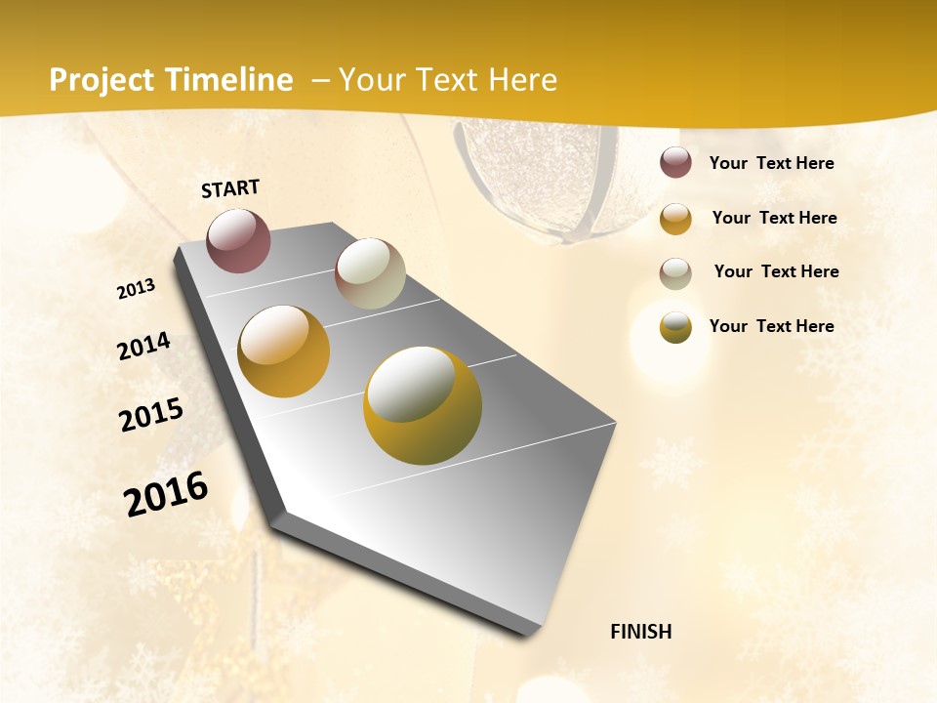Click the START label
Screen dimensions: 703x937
pyautogui.click(x=230, y=188)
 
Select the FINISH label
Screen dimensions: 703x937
pyautogui.click(x=640, y=632)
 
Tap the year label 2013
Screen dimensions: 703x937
pyautogui.click(x=136, y=289)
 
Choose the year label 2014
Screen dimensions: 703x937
pyautogui.click(x=143, y=347)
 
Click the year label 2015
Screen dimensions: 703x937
pyautogui.click(x=151, y=415)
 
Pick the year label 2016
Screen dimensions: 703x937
pyautogui.click(x=166, y=494)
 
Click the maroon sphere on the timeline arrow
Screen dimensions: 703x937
pyautogui.click(x=238, y=240)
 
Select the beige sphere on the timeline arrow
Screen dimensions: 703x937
pyautogui.click(x=370, y=273)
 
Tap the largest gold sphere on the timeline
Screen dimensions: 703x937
pyautogui.click(x=423, y=405)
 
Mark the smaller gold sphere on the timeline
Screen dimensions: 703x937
pyautogui.click(x=283, y=351)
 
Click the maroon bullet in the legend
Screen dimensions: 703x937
pyautogui.click(x=675, y=163)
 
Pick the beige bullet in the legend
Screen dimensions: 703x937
pyautogui.click(x=675, y=273)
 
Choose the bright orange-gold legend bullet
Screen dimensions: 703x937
pyautogui.click(x=675, y=219)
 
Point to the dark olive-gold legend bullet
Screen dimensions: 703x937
pyautogui.click(x=675, y=328)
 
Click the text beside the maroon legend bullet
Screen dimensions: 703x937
pyautogui.click(x=771, y=163)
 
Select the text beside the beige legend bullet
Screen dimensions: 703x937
pyautogui.click(x=776, y=271)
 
